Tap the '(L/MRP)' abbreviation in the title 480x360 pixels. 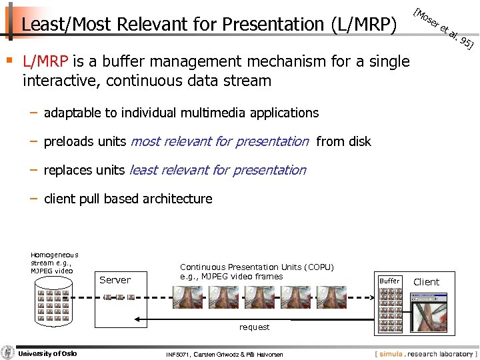click(x=363, y=25)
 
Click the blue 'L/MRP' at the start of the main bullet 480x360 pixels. click(x=45, y=63)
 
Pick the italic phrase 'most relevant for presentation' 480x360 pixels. click(x=220, y=141)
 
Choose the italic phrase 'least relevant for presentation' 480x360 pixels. click(x=217, y=170)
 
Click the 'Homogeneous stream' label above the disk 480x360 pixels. click(x=54, y=262)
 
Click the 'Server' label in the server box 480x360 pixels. click(x=115, y=280)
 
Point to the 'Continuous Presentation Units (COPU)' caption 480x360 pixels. click(x=257, y=267)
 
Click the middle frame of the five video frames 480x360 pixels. click(x=261, y=297)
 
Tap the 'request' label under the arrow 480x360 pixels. click(x=255, y=327)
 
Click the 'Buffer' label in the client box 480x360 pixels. click(x=389, y=281)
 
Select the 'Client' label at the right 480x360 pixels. click(x=426, y=282)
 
